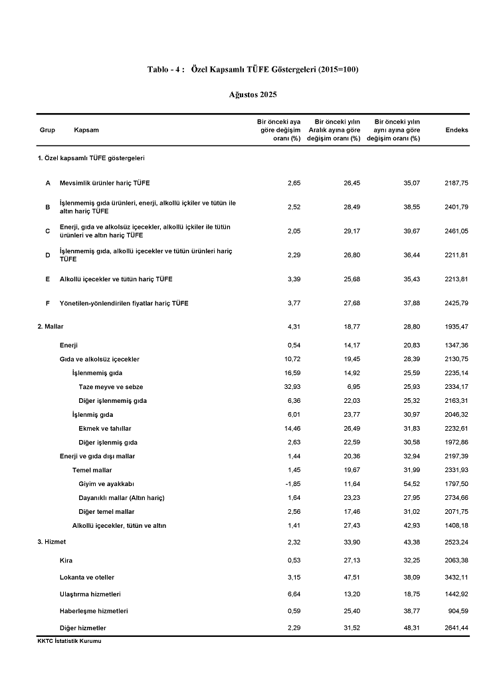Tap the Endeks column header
pyautogui.click(x=456, y=130)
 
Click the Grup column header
pyautogui.click(x=47, y=130)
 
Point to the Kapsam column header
pyautogui.click(x=86, y=130)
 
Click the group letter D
pyautogui.click(x=47, y=255)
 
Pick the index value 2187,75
pyautogui.click(x=456, y=183)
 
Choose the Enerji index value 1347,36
pyautogui.click(x=456, y=346)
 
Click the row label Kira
pyautogui.click(x=66, y=560)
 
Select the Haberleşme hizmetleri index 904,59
pyautogui.click(x=458, y=610)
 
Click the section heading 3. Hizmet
pyautogui.click(x=51, y=542)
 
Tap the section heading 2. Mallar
pyautogui.click(x=50, y=326)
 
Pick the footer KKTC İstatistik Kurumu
pyautogui.click(x=69, y=642)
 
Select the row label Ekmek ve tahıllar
pyautogui.click(x=105, y=429)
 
